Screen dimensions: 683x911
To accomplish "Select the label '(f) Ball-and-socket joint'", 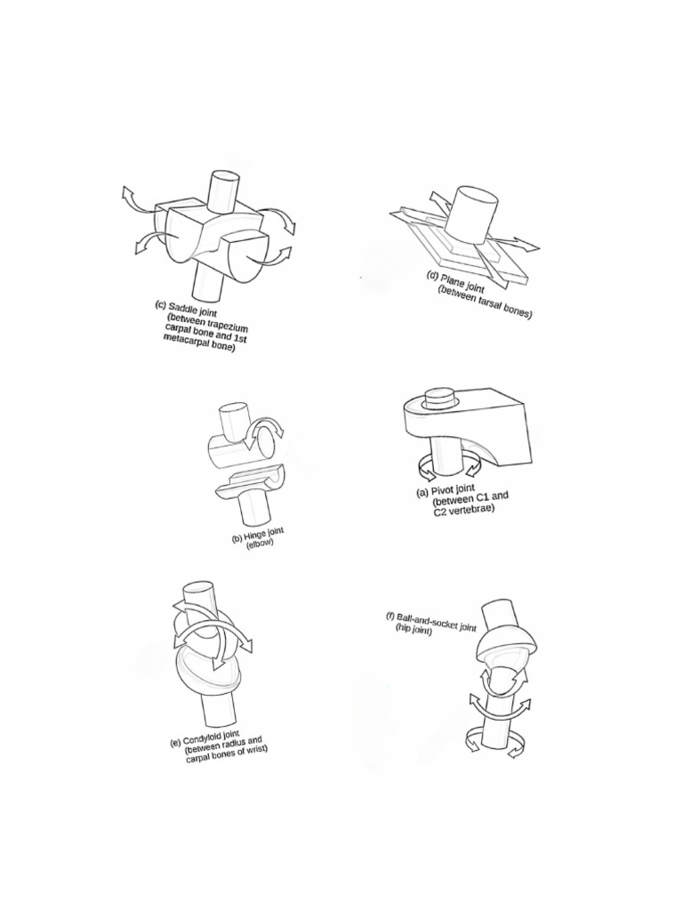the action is pos(431,621).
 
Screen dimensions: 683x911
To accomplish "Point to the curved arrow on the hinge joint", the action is pos(266,431).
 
